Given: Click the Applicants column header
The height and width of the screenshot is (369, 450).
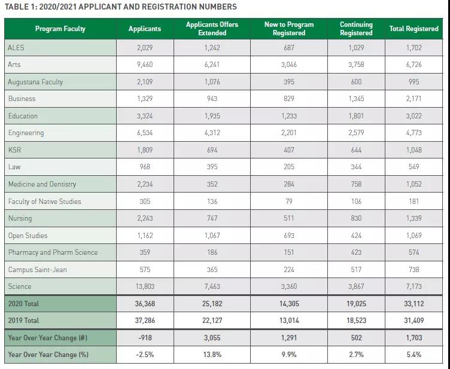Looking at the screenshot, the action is [145, 29].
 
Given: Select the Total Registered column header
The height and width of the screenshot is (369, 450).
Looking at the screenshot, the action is [413, 29].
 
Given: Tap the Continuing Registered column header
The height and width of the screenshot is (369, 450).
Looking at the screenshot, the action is [356, 29].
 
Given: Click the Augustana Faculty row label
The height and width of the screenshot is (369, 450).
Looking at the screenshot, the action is [35, 82].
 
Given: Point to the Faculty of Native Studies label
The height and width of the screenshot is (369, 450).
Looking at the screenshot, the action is [44, 202].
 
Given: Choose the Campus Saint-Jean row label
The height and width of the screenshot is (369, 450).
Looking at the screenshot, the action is [37, 270].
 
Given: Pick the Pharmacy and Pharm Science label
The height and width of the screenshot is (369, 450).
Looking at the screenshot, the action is [53, 252].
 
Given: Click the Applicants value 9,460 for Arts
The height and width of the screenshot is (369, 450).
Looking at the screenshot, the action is [145, 65].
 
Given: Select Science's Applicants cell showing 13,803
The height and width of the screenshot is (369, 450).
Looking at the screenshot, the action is [145, 286].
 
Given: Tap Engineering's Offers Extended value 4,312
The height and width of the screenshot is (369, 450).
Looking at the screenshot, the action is [212, 133].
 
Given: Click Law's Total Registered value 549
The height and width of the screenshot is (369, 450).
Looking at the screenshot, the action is [414, 167].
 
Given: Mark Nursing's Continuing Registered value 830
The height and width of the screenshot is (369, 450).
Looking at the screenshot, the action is [356, 218].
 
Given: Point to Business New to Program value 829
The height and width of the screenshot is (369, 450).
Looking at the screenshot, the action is [289, 99].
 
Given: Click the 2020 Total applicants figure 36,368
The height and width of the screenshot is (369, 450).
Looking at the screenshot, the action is [145, 304].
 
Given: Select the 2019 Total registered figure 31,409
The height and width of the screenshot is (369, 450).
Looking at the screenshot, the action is [414, 321].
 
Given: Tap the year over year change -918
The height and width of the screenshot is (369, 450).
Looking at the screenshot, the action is [145, 338].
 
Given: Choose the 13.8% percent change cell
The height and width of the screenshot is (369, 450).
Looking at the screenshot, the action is [212, 355].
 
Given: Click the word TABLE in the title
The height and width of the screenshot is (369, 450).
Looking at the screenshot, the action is [15, 7].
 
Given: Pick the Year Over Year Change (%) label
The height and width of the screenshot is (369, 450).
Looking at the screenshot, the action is [48, 355].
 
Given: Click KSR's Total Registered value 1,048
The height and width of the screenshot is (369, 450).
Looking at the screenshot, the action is [414, 150].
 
